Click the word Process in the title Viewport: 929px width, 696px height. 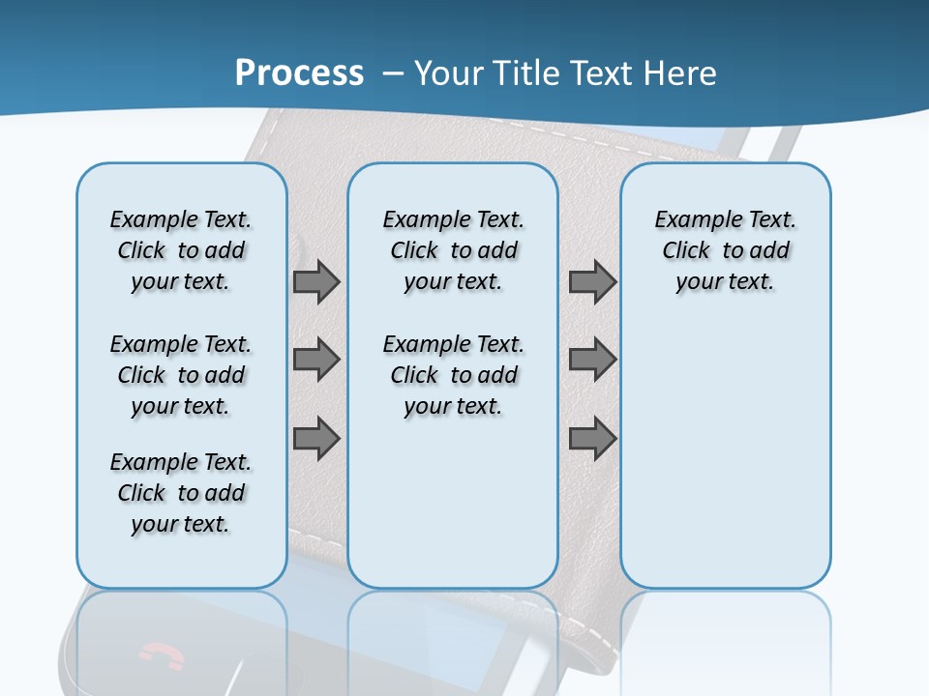(299, 72)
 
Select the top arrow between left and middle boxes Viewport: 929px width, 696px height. (316, 281)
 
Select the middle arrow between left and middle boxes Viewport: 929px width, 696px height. (316, 360)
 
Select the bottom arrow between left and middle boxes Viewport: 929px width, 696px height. (316, 439)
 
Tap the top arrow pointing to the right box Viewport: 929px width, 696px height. (592, 281)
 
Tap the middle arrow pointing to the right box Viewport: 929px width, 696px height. (592, 360)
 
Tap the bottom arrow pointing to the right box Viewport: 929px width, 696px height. (592, 439)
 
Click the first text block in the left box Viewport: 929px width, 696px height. (181, 250)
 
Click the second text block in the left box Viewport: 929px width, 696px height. (181, 375)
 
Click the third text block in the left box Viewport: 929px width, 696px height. (181, 493)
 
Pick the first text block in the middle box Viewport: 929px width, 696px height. (453, 250)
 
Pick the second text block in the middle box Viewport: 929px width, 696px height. (453, 375)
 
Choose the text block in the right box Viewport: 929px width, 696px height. (725, 250)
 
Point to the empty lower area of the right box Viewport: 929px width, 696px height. (725, 464)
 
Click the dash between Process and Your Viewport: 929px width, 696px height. (393, 73)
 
